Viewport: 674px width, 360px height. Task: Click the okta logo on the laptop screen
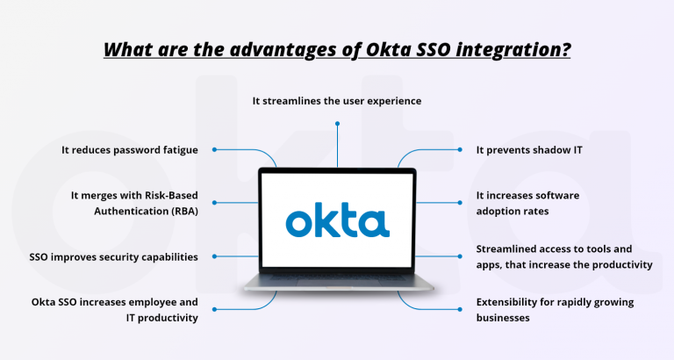pyautogui.click(x=337, y=221)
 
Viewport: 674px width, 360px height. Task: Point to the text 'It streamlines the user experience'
pyautogui.click(x=337, y=101)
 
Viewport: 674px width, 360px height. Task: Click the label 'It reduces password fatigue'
pyautogui.click(x=130, y=150)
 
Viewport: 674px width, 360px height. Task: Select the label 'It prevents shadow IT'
pyautogui.click(x=529, y=150)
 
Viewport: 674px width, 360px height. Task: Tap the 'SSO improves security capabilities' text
pyautogui.click(x=113, y=257)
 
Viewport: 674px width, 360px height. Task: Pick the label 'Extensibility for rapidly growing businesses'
pyautogui.click(x=555, y=310)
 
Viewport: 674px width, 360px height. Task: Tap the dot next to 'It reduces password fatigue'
pyautogui.click(x=214, y=150)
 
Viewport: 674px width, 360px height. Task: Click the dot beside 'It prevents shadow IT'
pyautogui.click(x=462, y=150)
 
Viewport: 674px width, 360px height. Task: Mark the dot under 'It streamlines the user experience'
pyautogui.click(x=337, y=123)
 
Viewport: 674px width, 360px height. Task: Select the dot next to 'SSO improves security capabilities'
pyautogui.click(x=214, y=257)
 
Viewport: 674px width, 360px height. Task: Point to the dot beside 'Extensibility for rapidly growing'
pyautogui.click(x=462, y=308)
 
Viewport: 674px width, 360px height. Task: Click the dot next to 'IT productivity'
pyautogui.click(x=214, y=308)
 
